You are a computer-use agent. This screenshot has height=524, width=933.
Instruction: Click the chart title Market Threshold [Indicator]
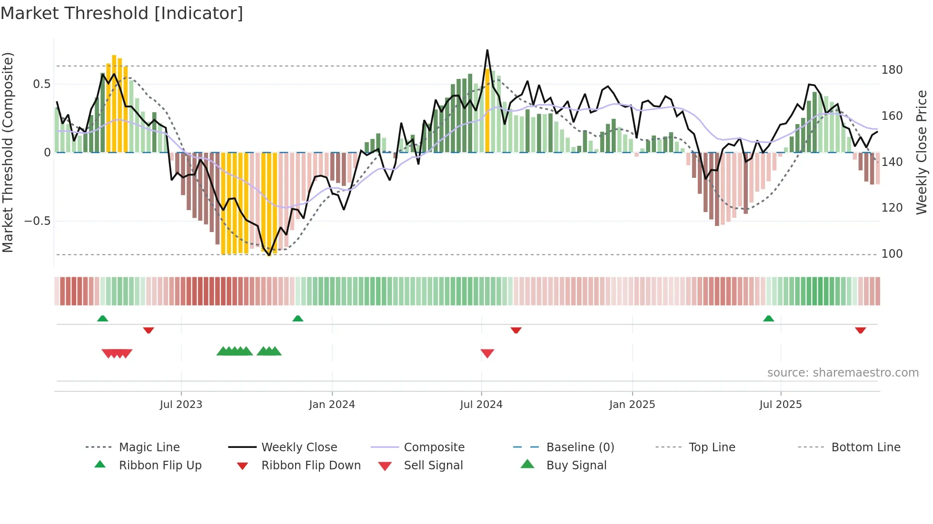tap(122, 13)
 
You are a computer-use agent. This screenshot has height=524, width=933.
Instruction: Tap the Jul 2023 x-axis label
tap(181, 405)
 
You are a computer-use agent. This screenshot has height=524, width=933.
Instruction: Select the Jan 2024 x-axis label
tap(332, 405)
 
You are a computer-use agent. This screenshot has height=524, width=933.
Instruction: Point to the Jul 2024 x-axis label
tap(481, 405)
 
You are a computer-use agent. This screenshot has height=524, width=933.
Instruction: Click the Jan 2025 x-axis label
tap(632, 405)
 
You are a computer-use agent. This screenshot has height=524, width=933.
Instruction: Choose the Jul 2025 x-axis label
tap(781, 405)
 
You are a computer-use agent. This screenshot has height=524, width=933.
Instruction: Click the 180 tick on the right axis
tap(892, 70)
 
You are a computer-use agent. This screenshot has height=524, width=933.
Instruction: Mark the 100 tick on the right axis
tap(892, 254)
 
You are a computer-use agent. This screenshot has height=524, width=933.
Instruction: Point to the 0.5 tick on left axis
tap(41, 84)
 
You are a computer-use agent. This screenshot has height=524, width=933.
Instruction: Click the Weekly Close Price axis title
tap(922, 152)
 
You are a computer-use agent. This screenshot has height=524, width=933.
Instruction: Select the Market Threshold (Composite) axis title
tap(8, 152)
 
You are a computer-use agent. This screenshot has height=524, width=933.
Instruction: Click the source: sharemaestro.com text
tap(843, 373)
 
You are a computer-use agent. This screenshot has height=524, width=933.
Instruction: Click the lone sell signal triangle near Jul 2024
tap(487, 353)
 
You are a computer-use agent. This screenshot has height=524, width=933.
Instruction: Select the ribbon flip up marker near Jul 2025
tap(768, 319)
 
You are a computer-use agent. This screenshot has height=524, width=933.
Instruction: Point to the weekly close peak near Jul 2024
tap(487, 50)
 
